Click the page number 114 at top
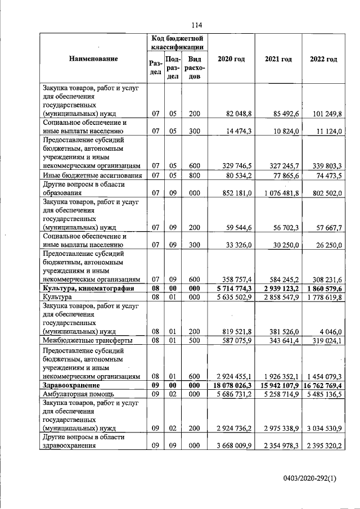click(x=196, y=25)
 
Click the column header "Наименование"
click(x=93, y=59)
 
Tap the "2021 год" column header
click(x=278, y=59)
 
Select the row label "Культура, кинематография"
click(x=88, y=288)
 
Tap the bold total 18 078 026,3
click(x=232, y=386)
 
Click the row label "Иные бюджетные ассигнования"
click(x=92, y=175)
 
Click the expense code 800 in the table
click(x=195, y=175)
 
